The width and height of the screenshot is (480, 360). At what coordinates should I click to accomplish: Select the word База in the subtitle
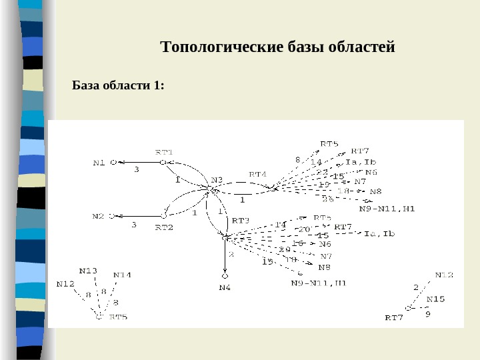click(85, 86)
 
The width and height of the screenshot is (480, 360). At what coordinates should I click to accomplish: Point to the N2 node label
click(99, 216)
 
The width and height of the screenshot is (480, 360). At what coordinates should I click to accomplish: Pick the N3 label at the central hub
click(217, 179)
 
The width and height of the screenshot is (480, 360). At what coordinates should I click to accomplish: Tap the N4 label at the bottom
click(225, 287)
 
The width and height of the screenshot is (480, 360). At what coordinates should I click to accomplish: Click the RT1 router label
click(164, 152)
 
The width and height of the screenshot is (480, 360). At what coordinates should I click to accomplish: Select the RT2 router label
click(164, 227)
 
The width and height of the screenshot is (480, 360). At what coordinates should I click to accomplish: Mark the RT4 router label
click(258, 175)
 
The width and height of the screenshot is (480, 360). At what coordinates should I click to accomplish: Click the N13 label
click(88, 271)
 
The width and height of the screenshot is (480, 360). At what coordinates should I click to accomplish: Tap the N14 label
click(122, 275)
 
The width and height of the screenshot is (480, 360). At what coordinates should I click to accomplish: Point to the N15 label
click(436, 299)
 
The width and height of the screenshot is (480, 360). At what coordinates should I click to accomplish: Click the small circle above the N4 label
click(225, 275)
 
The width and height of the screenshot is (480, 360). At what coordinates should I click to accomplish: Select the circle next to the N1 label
click(113, 162)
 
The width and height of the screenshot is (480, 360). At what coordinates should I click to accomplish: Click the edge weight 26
click(327, 199)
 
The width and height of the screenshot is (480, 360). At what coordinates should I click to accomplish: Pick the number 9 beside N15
click(428, 313)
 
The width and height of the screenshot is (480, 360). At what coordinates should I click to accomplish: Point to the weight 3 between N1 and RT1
click(137, 170)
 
